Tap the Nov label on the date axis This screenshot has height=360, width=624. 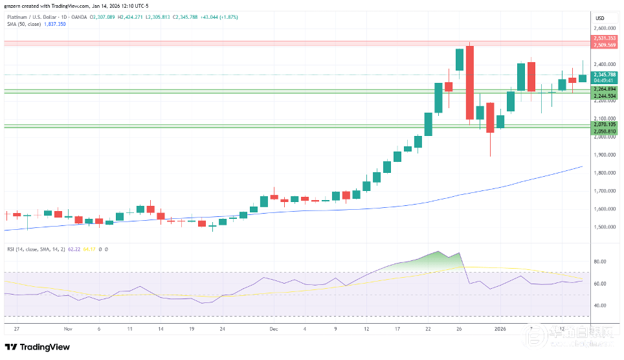click(x=68, y=328)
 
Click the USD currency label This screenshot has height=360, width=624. click(x=599, y=17)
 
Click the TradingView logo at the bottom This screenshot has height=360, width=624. click(x=39, y=346)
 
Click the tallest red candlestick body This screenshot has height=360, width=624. click(x=470, y=83)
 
